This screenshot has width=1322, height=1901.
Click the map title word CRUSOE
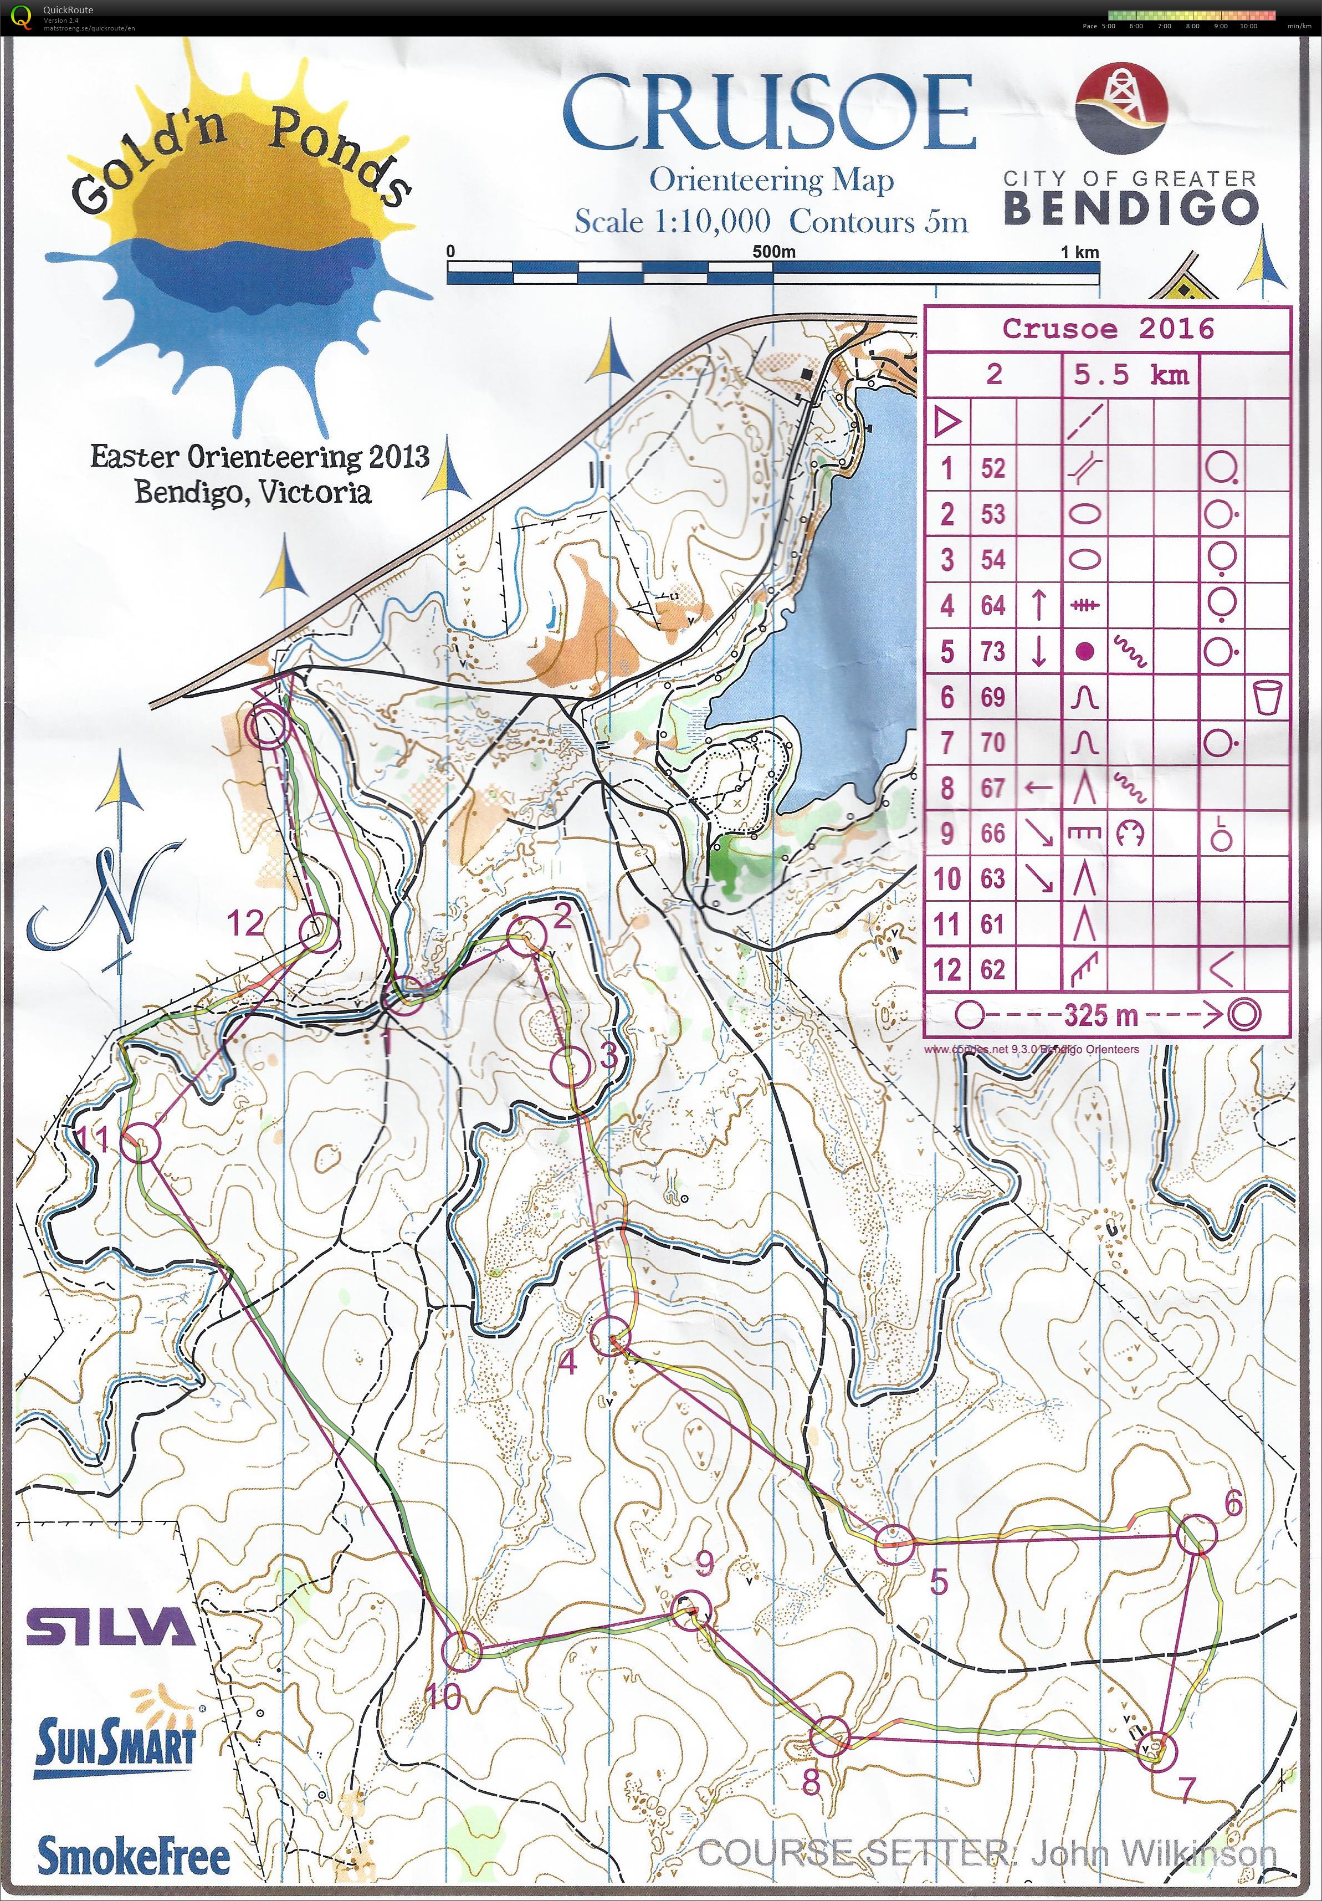click(x=768, y=114)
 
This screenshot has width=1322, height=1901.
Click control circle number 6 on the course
click(x=1196, y=1534)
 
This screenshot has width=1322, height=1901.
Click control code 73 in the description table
click(x=992, y=652)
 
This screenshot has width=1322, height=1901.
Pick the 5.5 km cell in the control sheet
click(x=1131, y=375)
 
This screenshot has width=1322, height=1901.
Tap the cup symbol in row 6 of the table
click(x=1267, y=697)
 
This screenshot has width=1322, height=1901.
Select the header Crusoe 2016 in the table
click(x=1108, y=329)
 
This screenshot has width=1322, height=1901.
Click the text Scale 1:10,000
click(x=672, y=222)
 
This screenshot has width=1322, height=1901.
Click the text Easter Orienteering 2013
click(x=260, y=457)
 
